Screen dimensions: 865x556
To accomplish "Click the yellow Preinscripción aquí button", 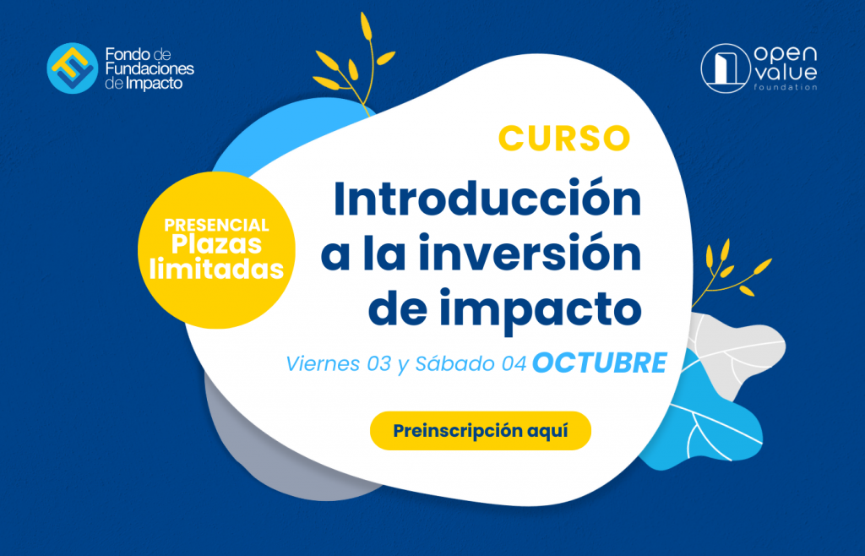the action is pyautogui.click(x=480, y=430).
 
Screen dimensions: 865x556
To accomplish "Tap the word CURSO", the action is pyautogui.click(x=564, y=139).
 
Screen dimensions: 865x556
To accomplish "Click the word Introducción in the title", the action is pyautogui.click(x=487, y=199).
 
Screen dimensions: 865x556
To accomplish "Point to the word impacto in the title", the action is pyautogui.click(x=541, y=309).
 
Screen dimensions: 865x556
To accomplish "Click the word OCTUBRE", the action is pyautogui.click(x=600, y=363).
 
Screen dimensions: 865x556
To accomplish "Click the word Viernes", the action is pyautogui.click(x=323, y=364).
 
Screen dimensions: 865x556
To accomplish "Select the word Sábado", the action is pyautogui.click(x=455, y=363).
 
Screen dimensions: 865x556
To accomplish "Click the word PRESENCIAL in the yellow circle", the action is pyautogui.click(x=216, y=225).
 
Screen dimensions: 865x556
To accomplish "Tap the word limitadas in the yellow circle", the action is pyautogui.click(x=216, y=270).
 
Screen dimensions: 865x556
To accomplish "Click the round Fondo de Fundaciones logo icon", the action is pyautogui.click(x=73, y=68).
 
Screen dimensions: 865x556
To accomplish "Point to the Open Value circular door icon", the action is pyautogui.click(x=726, y=68).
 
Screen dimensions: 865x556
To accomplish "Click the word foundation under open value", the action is pyautogui.click(x=786, y=87).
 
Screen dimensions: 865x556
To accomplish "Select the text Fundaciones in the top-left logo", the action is pyautogui.click(x=150, y=69).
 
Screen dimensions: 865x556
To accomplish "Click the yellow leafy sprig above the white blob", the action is pyautogui.click(x=354, y=63).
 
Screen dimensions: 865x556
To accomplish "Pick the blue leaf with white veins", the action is pyautogui.click(x=704, y=420).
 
